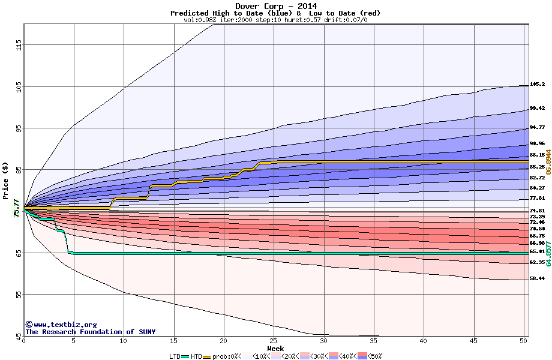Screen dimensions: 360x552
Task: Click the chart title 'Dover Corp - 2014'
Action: (x=275, y=6)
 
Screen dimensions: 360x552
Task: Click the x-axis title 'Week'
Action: (x=275, y=348)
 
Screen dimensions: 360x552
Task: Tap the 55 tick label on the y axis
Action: (x=19, y=294)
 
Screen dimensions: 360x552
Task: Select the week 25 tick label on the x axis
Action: (x=274, y=340)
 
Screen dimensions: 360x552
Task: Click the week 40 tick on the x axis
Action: (x=424, y=340)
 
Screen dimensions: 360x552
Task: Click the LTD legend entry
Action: (x=174, y=356)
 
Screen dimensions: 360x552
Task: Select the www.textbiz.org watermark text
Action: (x=61, y=325)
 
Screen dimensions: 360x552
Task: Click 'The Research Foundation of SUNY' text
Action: (x=90, y=332)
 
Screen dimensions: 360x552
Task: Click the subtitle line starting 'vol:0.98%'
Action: (x=275, y=20)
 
